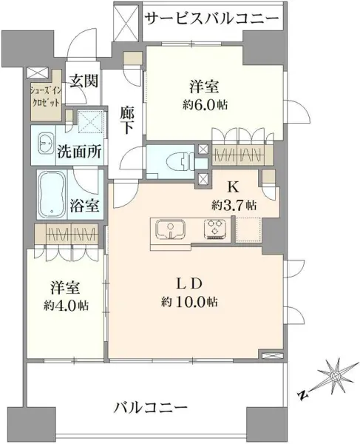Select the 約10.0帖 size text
click(x=192, y=302)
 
